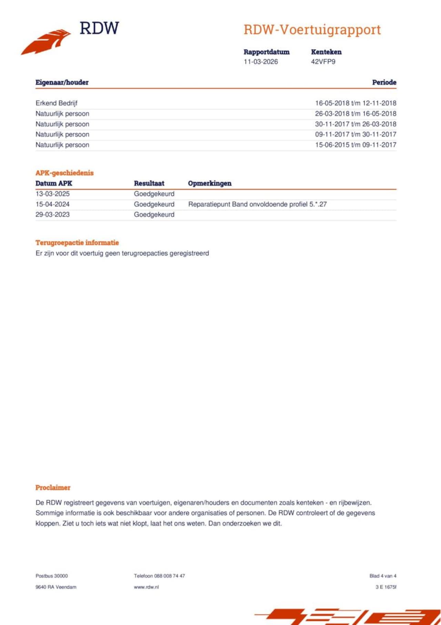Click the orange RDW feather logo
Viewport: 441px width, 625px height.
pyautogui.click(x=47, y=42)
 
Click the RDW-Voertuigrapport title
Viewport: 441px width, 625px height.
pyautogui.click(x=312, y=30)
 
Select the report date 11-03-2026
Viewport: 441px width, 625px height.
pyautogui.click(x=261, y=62)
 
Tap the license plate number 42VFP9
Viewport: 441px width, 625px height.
pyautogui.click(x=323, y=62)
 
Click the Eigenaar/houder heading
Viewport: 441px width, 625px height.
pyautogui.click(x=62, y=82)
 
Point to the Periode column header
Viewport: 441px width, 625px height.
pyautogui.click(x=384, y=82)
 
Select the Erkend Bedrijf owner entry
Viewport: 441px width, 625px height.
pyautogui.click(x=57, y=103)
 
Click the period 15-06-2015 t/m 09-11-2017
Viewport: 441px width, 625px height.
pyautogui.click(x=356, y=145)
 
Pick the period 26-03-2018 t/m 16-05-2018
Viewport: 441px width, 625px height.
pyautogui.click(x=356, y=113)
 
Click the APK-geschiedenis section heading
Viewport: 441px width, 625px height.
pyautogui.click(x=64, y=173)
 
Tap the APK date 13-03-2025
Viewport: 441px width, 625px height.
pyautogui.click(x=52, y=194)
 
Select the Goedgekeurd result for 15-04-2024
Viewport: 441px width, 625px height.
pyautogui.click(x=154, y=204)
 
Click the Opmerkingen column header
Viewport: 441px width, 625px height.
pyautogui.click(x=209, y=183)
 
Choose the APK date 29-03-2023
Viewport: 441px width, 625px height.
pyautogui.click(x=52, y=215)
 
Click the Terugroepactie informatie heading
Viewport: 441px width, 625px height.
pyautogui.click(x=77, y=243)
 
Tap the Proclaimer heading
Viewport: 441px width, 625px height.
pyautogui.click(x=53, y=488)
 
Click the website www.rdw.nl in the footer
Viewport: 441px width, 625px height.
pyautogui.click(x=146, y=587)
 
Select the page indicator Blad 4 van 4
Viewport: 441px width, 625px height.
pyautogui.click(x=383, y=576)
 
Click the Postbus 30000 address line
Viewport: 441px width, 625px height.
pyautogui.click(x=52, y=576)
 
